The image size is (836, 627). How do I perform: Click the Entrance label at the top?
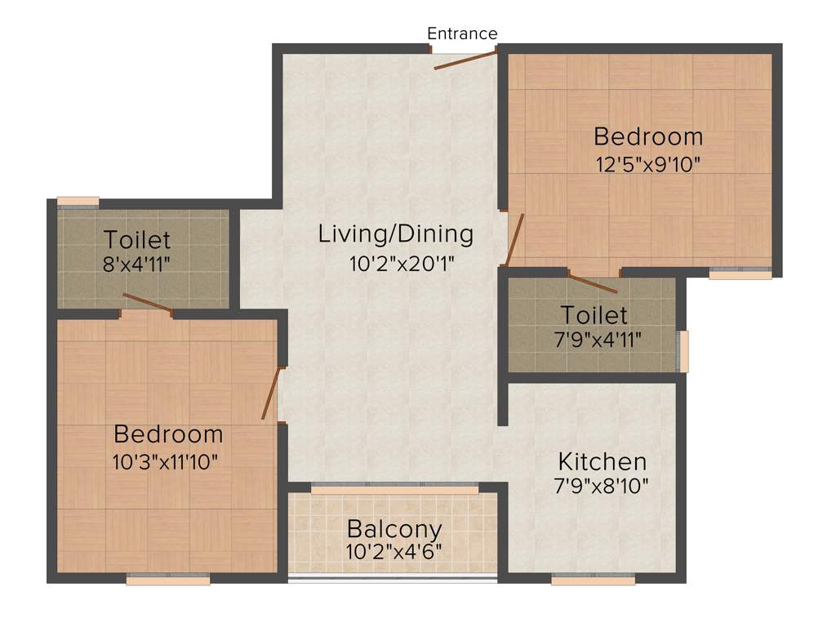point(462,33)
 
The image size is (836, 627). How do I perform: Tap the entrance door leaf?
point(465,60)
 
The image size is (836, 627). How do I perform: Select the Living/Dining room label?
point(395,234)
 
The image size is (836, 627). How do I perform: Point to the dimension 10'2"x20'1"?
point(396,263)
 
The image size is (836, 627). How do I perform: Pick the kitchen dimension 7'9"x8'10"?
point(601,487)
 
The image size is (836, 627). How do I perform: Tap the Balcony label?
point(394,529)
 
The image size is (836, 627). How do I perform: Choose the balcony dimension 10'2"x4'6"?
point(394,551)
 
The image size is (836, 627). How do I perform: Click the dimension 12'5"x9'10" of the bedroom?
point(648,162)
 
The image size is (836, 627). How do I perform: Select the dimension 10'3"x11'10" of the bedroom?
point(165,461)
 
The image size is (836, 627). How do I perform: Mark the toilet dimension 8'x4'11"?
point(136,265)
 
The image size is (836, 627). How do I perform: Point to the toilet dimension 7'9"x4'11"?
point(594,339)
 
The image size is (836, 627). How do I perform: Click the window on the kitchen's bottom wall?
point(593,580)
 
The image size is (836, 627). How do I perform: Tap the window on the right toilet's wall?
point(684,351)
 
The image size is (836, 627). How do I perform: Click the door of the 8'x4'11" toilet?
point(147,302)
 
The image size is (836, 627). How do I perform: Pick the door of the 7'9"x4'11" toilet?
point(594,283)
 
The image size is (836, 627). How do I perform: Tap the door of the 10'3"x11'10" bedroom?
point(272,394)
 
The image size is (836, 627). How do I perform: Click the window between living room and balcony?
point(395,488)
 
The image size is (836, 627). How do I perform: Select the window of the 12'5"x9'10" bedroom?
point(740,275)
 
